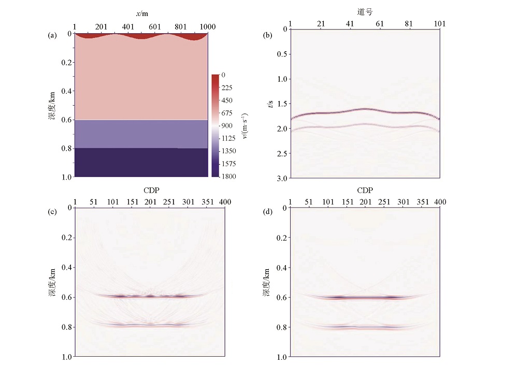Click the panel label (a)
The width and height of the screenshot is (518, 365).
[x=52, y=36]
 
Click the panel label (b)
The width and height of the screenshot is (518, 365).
[x=268, y=36]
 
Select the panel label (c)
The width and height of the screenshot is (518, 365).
[x=52, y=214]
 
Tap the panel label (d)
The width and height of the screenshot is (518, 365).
[x=268, y=214]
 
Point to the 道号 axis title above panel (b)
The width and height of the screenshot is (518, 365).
[x=365, y=11]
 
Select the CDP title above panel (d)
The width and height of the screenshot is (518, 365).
[x=365, y=190]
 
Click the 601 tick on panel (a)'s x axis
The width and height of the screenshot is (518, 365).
[x=154, y=26]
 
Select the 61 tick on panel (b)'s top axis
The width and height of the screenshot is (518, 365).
[x=380, y=24]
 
